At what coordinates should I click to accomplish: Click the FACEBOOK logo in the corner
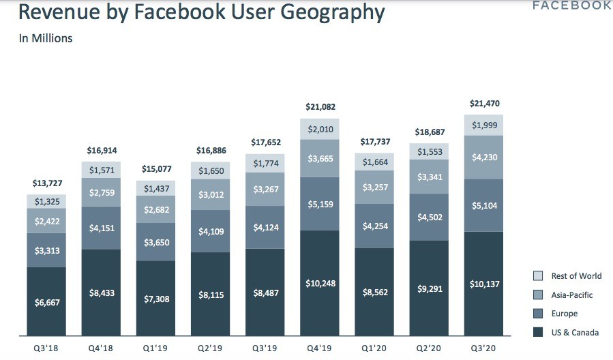[571, 5]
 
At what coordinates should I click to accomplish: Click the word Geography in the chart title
[327, 13]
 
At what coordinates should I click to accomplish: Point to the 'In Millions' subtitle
[46, 39]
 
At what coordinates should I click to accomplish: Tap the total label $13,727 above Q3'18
[46, 183]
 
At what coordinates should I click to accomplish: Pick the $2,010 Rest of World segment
[320, 130]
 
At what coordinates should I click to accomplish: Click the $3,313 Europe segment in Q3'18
[46, 250]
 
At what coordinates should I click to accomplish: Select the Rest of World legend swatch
[537, 276]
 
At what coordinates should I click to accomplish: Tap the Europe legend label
[564, 314]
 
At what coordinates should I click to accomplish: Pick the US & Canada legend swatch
[537, 333]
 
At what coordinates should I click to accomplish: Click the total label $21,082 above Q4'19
[320, 107]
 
